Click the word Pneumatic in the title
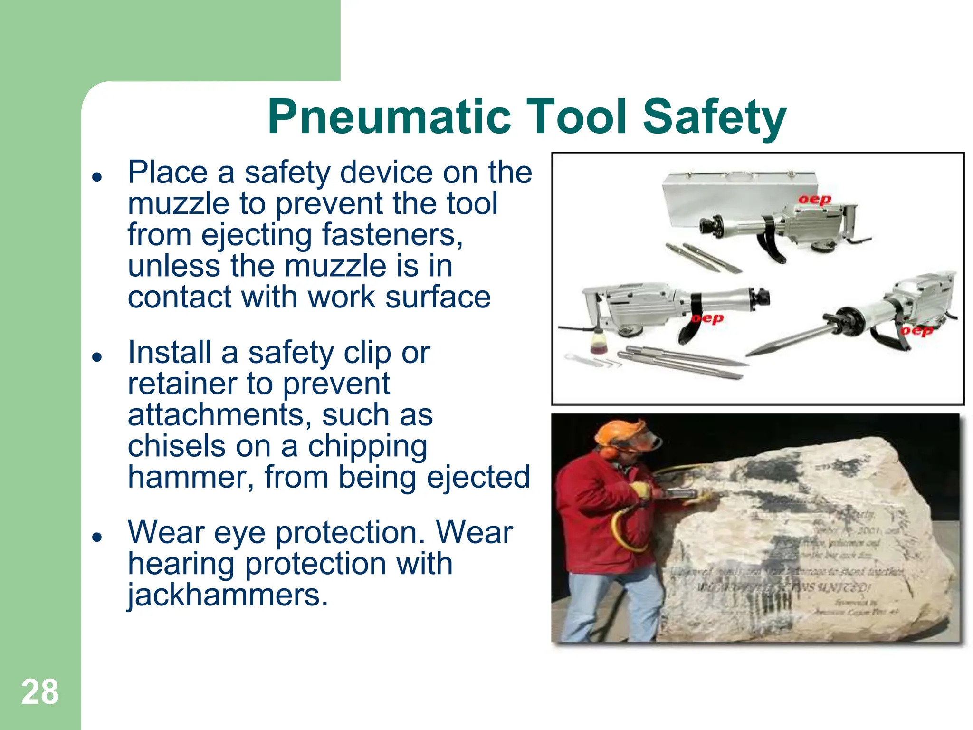point(390,117)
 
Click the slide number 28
point(40,692)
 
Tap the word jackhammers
point(227,595)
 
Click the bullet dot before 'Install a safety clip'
point(97,357)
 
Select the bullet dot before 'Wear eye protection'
point(97,537)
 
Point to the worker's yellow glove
point(641,490)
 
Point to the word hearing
point(181,564)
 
